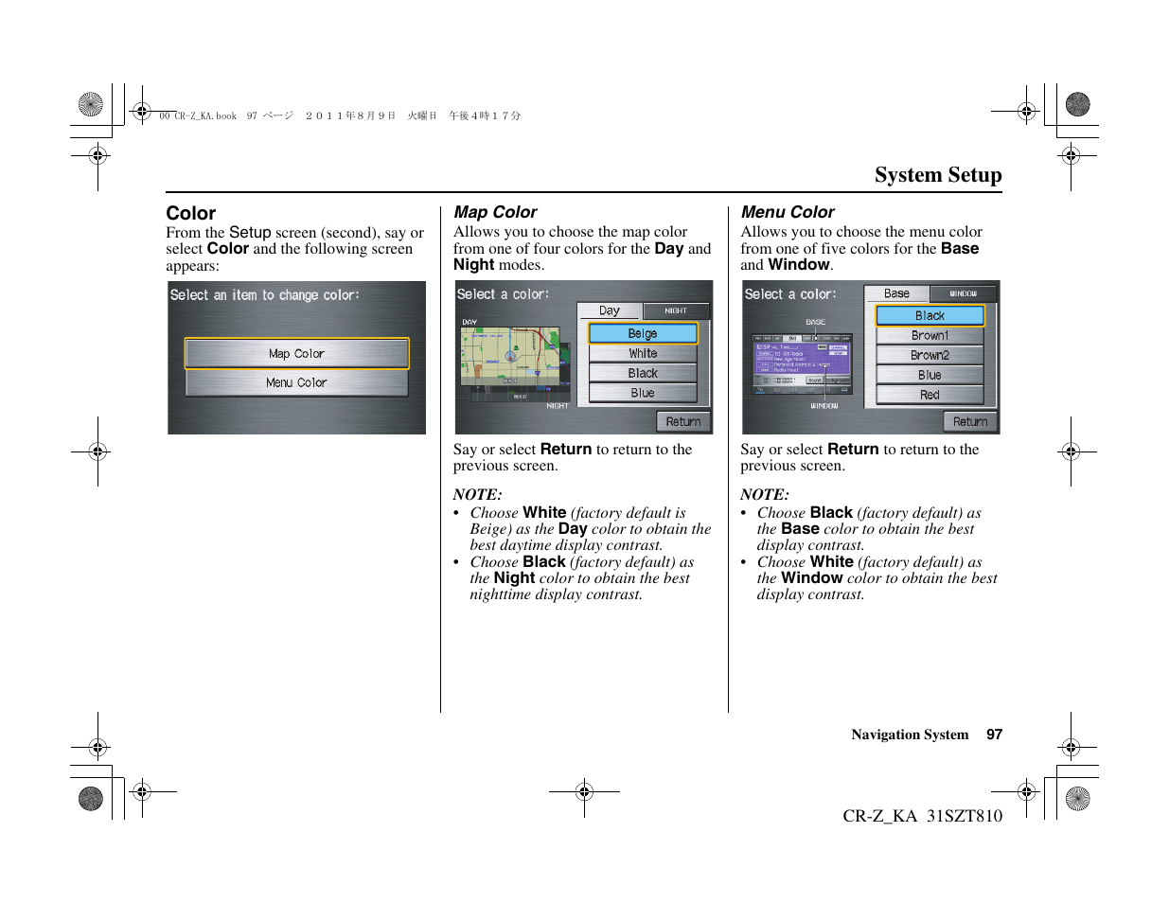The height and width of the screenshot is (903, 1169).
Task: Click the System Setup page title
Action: coord(937,175)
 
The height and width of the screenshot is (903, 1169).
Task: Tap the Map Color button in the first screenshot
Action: coord(296,353)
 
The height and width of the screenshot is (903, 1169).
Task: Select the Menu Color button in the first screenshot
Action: coord(296,382)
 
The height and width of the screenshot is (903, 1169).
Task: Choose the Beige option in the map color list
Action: coord(643,333)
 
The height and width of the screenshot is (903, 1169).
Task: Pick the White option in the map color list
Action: coord(643,353)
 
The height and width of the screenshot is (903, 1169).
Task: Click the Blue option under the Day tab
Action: coord(643,393)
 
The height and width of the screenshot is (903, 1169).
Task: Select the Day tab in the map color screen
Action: coord(610,310)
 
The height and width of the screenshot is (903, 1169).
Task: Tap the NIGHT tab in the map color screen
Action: coord(676,310)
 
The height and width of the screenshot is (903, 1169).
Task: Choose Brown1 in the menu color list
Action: coord(930,335)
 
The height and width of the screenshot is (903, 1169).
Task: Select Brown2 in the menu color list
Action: coord(930,355)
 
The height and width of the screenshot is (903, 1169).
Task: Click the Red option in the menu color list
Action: coord(930,395)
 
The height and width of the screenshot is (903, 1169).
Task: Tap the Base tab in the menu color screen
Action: coord(896,293)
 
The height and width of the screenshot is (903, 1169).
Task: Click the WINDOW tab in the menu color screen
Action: coord(963,293)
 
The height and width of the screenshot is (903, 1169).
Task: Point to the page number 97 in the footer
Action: coord(994,735)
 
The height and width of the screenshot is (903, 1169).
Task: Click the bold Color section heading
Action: coord(191,213)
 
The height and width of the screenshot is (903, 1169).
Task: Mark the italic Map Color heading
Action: coord(495,212)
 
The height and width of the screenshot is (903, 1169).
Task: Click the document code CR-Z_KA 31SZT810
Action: coord(922,816)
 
